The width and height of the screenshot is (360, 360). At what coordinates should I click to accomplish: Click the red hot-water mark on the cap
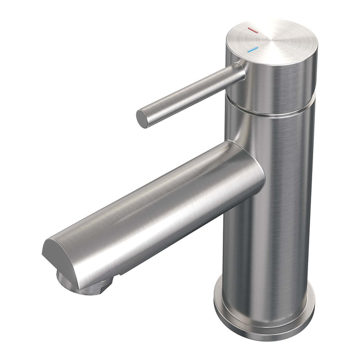(252, 31)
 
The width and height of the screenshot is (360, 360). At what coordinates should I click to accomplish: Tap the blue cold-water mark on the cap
(252, 50)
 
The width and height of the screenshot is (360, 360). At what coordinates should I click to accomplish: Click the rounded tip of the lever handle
(142, 118)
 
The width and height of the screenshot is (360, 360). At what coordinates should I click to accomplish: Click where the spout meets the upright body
(252, 170)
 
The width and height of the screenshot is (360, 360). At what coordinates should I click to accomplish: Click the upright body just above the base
(267, 278)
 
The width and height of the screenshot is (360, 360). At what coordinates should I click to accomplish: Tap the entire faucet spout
(154, 216)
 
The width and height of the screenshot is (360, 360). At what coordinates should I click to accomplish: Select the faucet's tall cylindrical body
(270, 206)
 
